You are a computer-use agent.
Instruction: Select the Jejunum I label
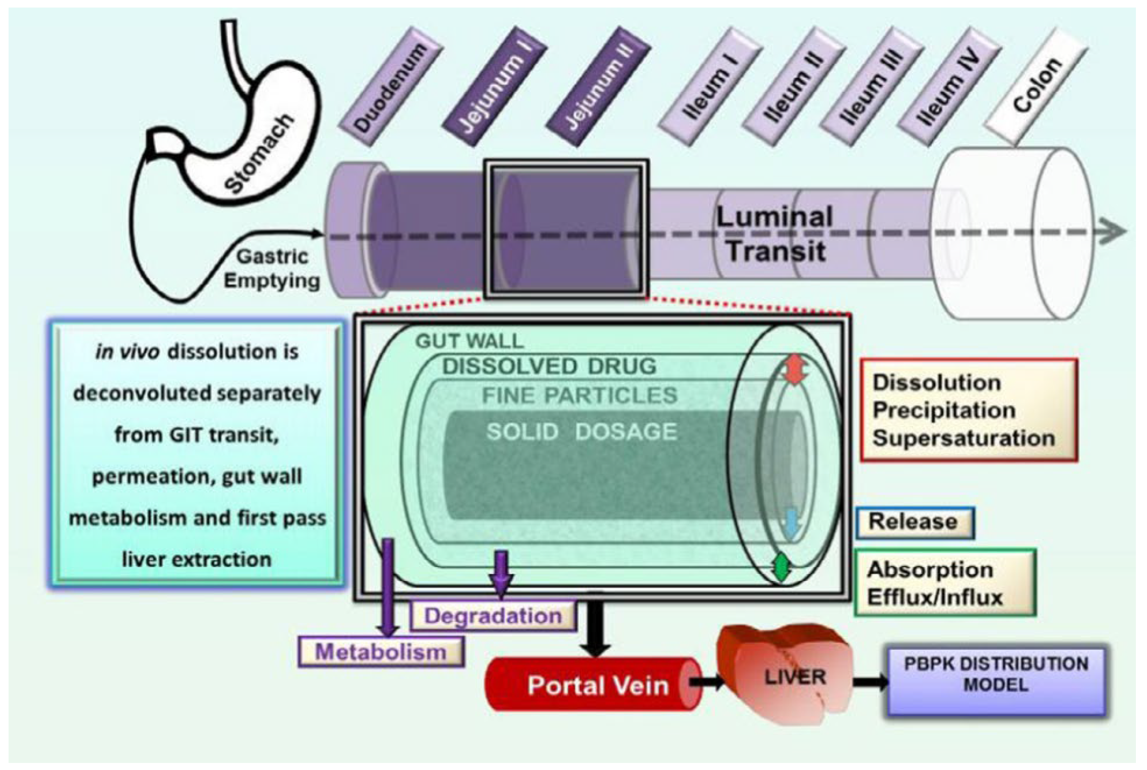495,87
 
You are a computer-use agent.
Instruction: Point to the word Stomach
258,154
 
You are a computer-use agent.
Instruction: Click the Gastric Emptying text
272,269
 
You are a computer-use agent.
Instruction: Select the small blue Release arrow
792,524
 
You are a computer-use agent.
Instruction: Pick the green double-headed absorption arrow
781,567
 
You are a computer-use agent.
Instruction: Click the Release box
914,522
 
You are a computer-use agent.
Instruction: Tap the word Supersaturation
963,438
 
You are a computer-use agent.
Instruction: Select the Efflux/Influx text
935,598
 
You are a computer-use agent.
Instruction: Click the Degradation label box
493,616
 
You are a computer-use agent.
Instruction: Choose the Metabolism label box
381,652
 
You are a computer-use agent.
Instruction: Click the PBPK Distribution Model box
996,674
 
